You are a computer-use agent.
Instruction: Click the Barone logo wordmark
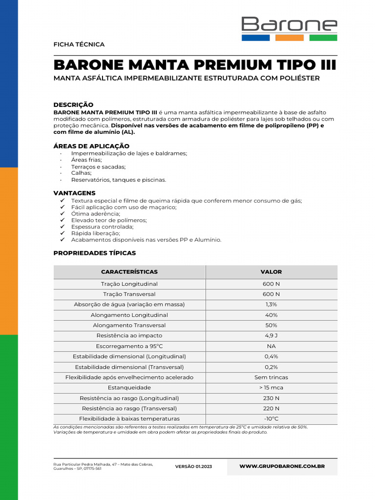(289, 24)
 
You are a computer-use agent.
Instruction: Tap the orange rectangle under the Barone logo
(290, 38)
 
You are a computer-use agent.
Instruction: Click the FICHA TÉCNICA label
(79, 44)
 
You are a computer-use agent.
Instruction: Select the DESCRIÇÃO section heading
(73, 104)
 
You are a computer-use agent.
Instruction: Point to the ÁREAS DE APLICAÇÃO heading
(91, 146)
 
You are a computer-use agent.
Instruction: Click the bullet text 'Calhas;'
(82, 173)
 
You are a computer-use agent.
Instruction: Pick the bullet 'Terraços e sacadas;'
(98, 167)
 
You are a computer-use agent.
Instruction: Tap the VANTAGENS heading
(74, 193)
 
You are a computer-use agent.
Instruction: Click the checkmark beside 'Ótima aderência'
(62, 214)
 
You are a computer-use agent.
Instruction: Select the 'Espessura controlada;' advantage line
(102, 227)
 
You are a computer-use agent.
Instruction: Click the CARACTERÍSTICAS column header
(129, 272)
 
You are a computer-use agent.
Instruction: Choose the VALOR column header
(271, 272)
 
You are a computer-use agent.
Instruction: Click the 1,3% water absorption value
(271, 305)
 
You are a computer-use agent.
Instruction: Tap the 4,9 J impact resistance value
(271, 336)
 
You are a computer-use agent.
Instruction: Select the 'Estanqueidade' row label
(129, 388)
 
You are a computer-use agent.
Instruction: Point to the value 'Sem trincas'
(271, 377)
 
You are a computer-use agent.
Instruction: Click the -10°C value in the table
(271, 419)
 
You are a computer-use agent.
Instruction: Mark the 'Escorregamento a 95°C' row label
(129, 346)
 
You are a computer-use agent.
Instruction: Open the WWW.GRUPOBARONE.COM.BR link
(282, 466)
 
